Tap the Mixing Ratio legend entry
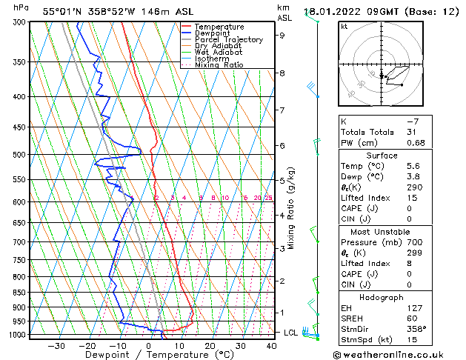(x=219, y=64)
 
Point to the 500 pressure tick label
(x=19, y=155)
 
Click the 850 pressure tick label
(x=19, y=293)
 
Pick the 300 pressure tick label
(x=19, y=22)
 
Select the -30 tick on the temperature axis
(x=56, y=345)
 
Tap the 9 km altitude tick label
(x=282, y=35)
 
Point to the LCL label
(x=291, y=333)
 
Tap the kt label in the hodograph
(x=344, y=27)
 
